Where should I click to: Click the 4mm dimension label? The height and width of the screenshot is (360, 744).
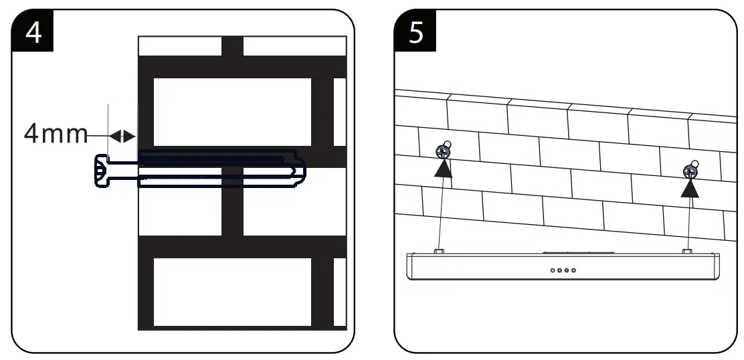(x=56, y=134)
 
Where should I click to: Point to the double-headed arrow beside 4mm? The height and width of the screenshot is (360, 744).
(x=122, y=136)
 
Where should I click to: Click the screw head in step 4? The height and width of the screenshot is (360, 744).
(x=100, y=171)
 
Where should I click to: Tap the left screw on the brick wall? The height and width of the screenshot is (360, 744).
(x=442, y=151)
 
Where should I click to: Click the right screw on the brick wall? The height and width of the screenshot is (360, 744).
(x=689, y=172)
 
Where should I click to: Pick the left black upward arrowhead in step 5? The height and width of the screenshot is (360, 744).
(x=442, y=167)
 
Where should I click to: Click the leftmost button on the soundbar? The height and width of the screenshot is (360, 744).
(x=552, y=270)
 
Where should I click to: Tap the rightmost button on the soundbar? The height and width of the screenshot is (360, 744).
(x=574, y=270)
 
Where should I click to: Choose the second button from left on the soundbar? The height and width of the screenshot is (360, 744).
(x=559, y=270)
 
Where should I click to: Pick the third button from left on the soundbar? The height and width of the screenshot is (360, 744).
(x=567, y=270)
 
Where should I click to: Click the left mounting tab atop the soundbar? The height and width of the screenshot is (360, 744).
(x=439, y=251)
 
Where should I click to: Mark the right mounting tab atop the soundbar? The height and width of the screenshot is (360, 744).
(x=686, y=251)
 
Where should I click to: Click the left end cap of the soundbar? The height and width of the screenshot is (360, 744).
(x=411, y=269)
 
